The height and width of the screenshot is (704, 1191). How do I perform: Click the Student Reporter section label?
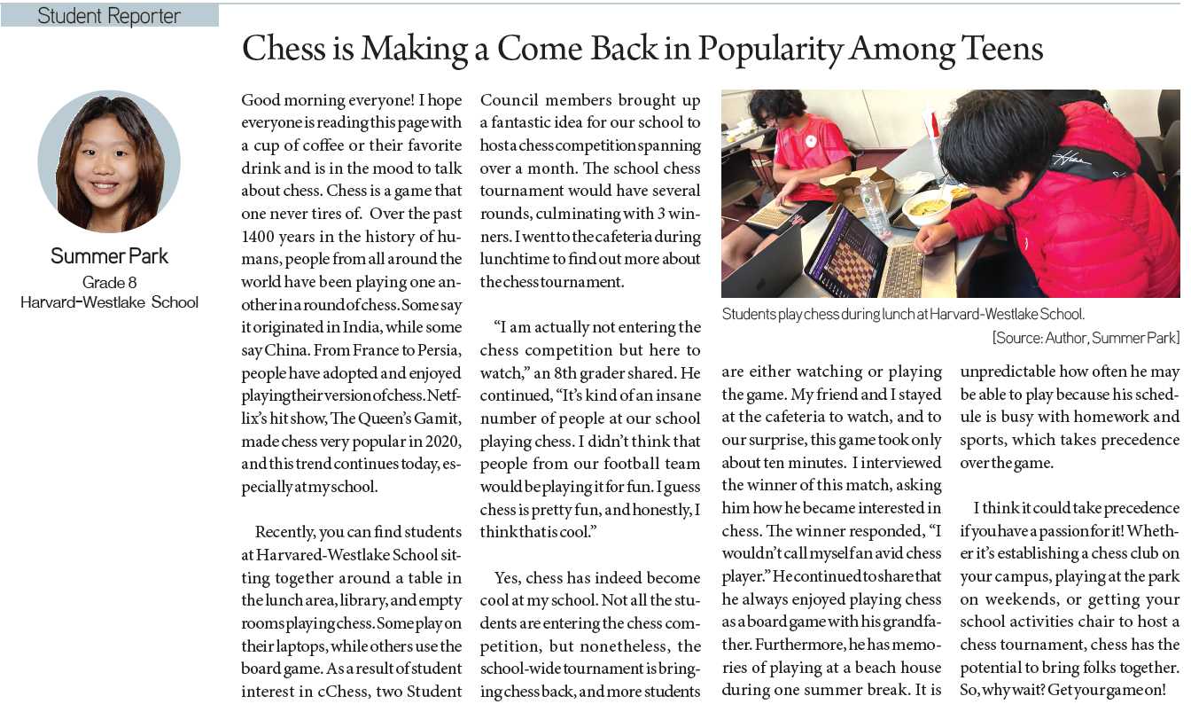tap(109, 16)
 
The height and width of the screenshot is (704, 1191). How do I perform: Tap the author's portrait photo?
tap(109, 161)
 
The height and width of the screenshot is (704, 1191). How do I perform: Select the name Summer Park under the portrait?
tap(109, 256)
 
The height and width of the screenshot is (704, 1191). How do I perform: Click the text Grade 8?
tap(108, 282)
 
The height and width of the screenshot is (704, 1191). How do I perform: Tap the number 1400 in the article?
tap(261, 236)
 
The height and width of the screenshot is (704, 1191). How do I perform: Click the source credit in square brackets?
tap(1086, 338)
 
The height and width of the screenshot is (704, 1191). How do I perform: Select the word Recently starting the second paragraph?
tap(286, 533)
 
